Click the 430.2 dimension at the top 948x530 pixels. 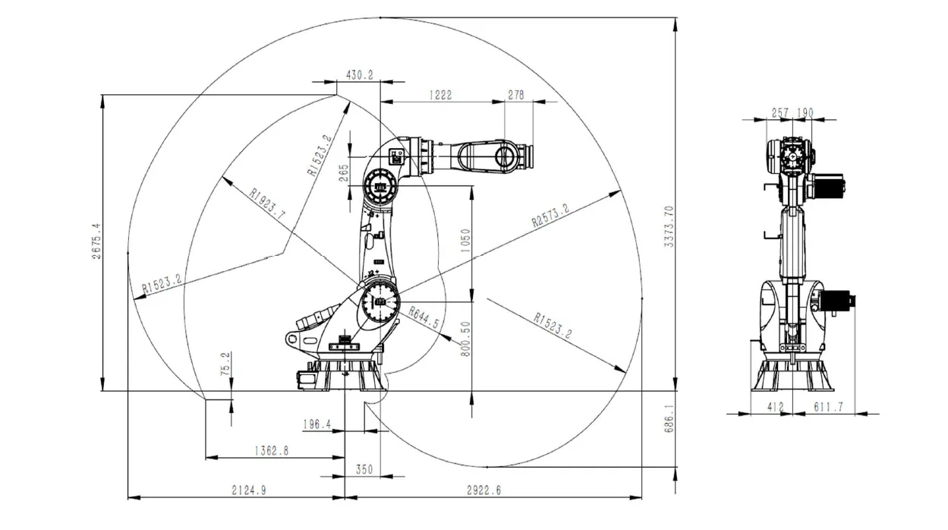click(360, 74)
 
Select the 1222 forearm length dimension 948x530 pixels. click(440, 95)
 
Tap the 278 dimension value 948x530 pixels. click(516, 95)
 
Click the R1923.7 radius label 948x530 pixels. click(267, 204)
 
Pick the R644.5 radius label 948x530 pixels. click(424, 317)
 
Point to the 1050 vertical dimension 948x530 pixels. click(466, 241)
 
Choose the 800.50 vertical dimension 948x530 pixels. click(466, 338)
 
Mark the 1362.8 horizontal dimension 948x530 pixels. click(270, 450)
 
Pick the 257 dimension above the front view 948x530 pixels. click(780, 112)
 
